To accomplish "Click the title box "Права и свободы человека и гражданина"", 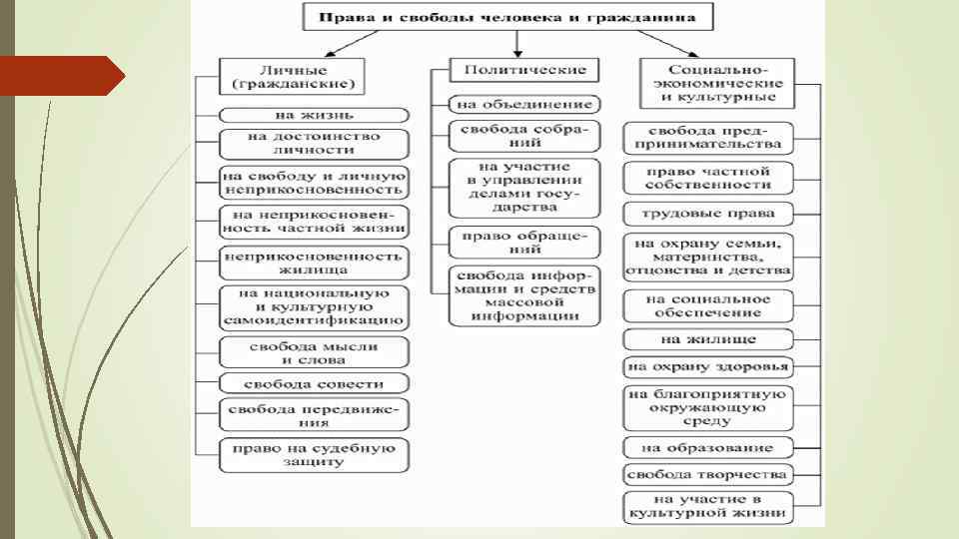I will point(514,17).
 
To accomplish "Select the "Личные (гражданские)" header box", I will point(292,75).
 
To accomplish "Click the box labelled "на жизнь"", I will point(315,116).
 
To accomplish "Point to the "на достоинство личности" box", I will point(315,143).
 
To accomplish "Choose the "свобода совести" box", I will point(315,383).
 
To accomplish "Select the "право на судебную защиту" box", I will point(315,454).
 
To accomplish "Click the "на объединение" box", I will point(525,104).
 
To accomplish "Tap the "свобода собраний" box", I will point(525,137).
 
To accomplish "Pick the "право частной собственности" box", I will point(708,178).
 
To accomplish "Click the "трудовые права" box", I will point(708,214).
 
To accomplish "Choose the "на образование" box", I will point(708,446).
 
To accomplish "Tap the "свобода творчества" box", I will point(708,474).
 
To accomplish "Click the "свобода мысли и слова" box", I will point(315,352).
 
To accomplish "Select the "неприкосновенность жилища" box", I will point(315,263).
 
